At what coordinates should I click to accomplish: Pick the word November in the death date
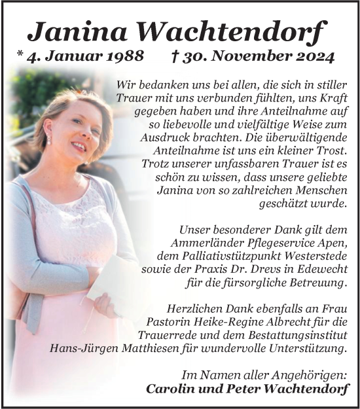pyautogui.click(x=247, y=57)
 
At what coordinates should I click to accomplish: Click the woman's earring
pyautogui.click(x=48, y=139)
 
